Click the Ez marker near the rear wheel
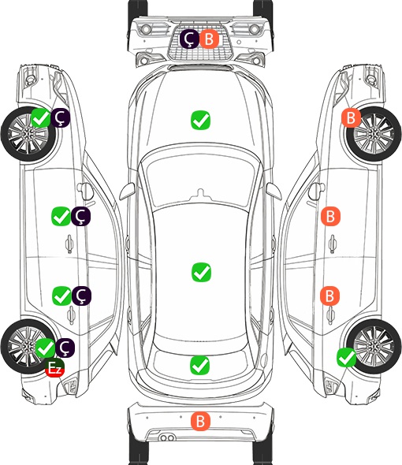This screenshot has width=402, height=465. [55, 368]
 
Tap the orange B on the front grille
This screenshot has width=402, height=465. [209, 39]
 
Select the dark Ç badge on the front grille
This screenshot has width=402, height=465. [189, 39]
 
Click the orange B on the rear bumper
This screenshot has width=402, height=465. [200, 421]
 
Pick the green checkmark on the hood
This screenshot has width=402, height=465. [200, 120]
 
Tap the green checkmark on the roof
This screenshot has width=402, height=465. [202, 272]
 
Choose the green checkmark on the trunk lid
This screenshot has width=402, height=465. [200, 365]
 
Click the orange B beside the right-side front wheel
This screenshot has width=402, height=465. [352, 117]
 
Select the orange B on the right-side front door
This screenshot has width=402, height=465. [330, 216]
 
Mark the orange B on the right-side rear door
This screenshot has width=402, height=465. [330, 296]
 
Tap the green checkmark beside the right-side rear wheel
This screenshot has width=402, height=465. [346, 358]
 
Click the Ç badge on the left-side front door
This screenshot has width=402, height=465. [81, 216]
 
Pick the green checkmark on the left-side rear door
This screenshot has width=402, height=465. [61, 296]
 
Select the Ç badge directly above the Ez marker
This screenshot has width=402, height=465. [65, 348]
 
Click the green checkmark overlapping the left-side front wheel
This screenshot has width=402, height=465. [41, 117]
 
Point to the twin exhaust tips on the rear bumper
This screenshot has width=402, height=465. [167, 437]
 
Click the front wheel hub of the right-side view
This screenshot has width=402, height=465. [374, 134]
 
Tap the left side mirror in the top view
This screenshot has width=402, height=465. [127, 192]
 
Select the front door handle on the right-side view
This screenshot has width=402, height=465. [332, 244]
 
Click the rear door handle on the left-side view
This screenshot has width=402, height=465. [71, 315]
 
